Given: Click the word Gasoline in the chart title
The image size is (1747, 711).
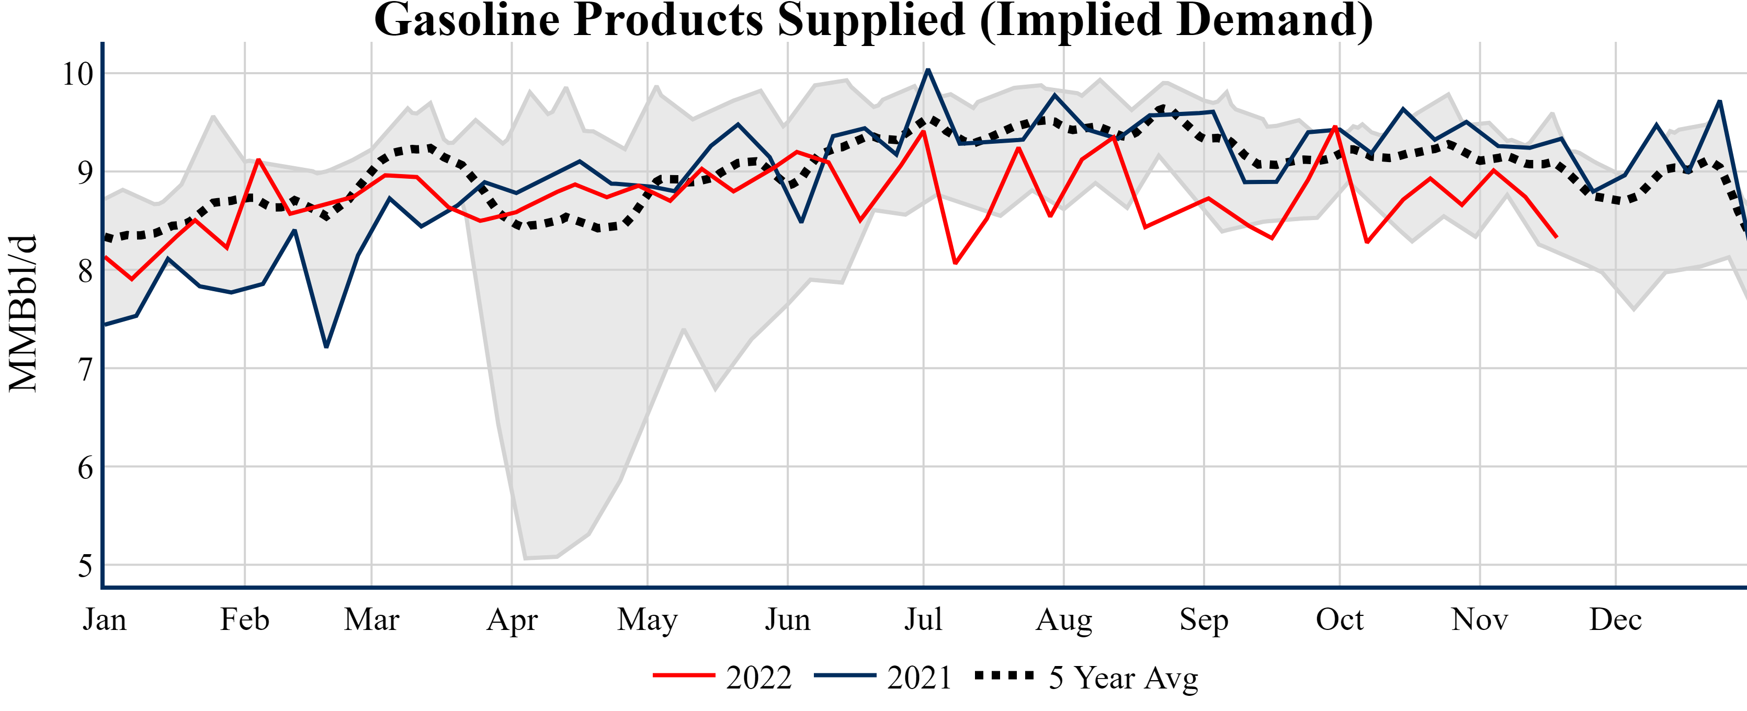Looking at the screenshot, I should click(467, 20).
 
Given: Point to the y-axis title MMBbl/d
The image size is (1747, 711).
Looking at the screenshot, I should click(23, 313).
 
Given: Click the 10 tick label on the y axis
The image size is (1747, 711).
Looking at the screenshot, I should click(77, 74).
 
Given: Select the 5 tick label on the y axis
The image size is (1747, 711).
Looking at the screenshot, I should click(85, 565).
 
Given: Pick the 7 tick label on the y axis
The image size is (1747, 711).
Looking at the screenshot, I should click(85, 370).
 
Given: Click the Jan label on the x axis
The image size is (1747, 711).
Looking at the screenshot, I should click(105, 620).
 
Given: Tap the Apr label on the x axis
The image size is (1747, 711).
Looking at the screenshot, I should click(512, 620).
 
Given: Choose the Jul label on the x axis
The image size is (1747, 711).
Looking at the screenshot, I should click(923, 620).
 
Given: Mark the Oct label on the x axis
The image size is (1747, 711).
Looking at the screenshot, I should click(1340, 620).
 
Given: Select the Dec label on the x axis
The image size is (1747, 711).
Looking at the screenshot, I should click(1615, 620).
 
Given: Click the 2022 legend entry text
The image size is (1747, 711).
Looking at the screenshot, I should click(759, 678).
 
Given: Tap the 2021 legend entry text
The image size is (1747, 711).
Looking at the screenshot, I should click(920, 678).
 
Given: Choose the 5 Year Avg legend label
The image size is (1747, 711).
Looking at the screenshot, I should click(1123, 678).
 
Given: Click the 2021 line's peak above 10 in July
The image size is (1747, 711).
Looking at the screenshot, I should click(928, 70).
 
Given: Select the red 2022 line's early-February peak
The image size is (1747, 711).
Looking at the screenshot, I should click(258, 159).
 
